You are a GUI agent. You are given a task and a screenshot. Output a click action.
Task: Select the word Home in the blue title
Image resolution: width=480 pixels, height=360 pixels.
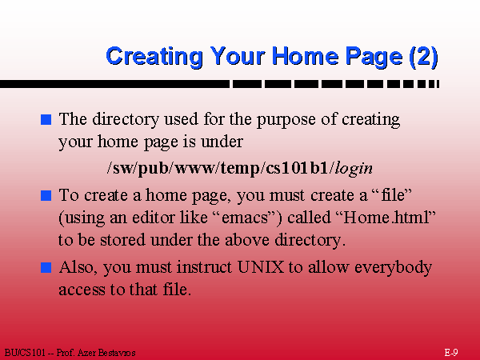(x=306, y=56)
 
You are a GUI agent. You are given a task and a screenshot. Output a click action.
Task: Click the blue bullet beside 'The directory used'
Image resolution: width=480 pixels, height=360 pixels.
(x=46, y=119)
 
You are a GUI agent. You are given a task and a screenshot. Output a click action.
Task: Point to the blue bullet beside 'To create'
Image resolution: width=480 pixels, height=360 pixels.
(x=46, y=195)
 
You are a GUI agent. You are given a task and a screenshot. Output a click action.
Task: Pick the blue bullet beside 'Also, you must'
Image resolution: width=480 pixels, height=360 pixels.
(x=46, y=267)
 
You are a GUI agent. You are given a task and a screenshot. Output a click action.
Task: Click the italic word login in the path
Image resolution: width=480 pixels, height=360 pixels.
(x=354, y=169)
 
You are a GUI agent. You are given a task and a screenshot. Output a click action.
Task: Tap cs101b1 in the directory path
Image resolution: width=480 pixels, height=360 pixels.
(x=297, y=168)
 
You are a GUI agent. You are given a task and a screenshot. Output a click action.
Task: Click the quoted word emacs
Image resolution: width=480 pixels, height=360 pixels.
(x=245, y=218)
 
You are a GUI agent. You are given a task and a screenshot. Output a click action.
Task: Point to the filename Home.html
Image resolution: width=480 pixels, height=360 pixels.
(x=386, y=218)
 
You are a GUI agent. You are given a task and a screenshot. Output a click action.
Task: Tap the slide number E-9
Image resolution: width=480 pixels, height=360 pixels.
(x=451, y=353)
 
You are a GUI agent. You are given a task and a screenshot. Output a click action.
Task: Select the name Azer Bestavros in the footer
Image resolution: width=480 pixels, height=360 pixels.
(x=106, y=353)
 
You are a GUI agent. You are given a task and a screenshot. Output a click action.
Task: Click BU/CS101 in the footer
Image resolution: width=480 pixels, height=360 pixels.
(x=25, y=353)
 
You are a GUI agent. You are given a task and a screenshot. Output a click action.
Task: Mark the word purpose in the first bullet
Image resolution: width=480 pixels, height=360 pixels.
(x=286, y=120)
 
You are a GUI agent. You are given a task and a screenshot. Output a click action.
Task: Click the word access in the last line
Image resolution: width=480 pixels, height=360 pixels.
(x=82, y=290)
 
